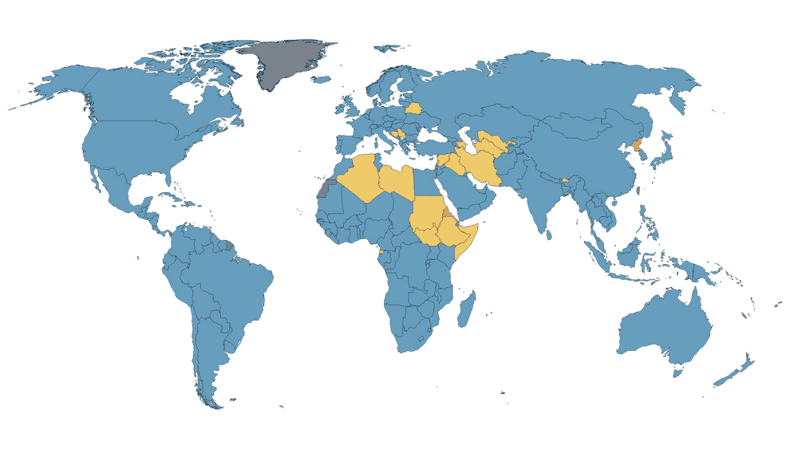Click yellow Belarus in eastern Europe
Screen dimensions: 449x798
414,108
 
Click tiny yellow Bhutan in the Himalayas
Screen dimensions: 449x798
565,180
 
